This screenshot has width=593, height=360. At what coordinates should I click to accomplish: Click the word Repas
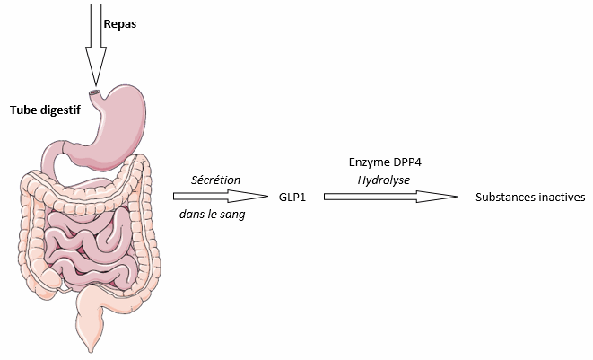pos(120,24)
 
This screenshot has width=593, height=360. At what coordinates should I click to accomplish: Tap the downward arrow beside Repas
pos(96,45)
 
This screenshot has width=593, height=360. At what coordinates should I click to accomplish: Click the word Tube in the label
pos(23,110)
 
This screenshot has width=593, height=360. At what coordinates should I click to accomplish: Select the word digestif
pos(60,110)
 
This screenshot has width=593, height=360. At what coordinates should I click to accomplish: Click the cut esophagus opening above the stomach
pos(94,93)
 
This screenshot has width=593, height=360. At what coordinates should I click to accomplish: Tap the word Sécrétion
pos(215,180)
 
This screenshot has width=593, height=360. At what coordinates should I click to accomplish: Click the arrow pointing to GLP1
pos(221,197)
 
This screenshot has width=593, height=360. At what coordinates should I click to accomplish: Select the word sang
pos(234,215)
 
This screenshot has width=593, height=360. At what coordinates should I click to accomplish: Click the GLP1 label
pos(292,198)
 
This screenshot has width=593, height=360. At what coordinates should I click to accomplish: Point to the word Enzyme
pos(370,162)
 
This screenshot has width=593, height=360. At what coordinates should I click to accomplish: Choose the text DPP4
pos(407,162)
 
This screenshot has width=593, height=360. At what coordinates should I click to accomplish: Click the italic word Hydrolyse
pos(384,180)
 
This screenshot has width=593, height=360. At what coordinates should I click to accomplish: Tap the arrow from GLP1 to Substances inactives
pos(390,197)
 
